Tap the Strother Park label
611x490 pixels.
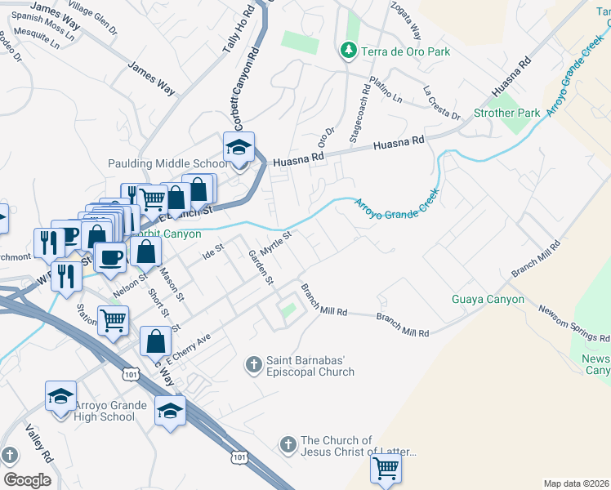(506, 113)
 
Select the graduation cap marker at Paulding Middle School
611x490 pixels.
(239, 148)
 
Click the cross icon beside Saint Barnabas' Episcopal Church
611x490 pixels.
(254, 363)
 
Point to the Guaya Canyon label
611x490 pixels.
(488, 299)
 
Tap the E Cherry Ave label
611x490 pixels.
(189, 348)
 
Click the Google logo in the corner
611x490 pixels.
(27, 479)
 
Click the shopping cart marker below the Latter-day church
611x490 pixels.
(386, 470)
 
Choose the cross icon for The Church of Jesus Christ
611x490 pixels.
(287, 445)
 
